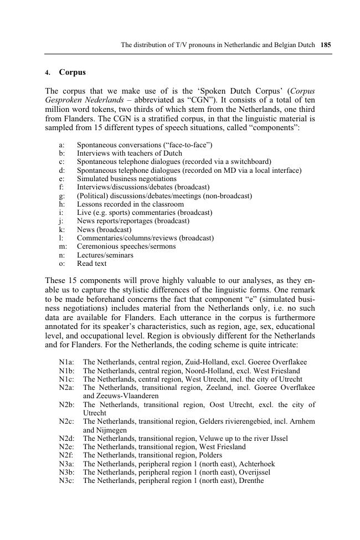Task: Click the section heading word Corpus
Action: coord(72,73)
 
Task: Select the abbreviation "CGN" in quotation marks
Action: coord(202,100)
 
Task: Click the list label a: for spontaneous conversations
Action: coord(61,145)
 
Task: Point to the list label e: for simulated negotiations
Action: coord(61,179)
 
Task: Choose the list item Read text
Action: coord(91,264)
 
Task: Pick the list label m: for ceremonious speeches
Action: coord(63,246)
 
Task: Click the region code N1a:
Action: coord(66,362)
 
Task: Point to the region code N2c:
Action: coord(66,421)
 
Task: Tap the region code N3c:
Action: coord(66,481)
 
